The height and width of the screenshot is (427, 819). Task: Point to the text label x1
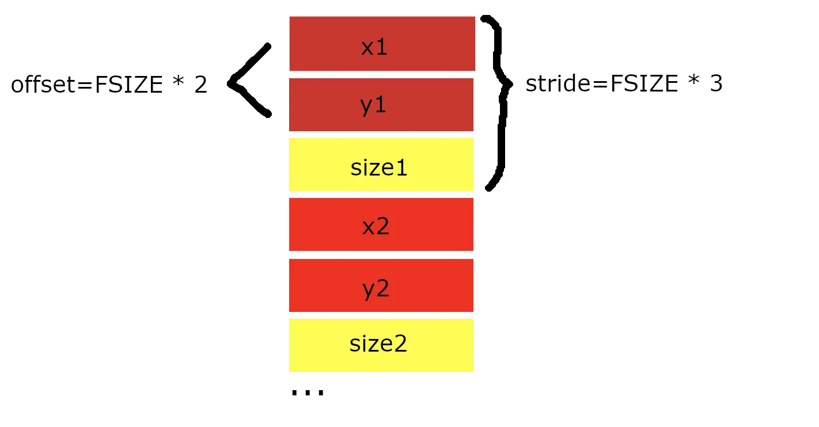[x=374, y=47]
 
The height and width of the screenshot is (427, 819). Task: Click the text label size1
[x=379, y=168]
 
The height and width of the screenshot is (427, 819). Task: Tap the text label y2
[x=376, y=289]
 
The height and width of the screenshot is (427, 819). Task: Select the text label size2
[x=378, y=344]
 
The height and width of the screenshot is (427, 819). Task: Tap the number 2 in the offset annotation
[x=200, y=85]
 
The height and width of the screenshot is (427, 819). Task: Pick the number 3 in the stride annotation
[x=716, y=84]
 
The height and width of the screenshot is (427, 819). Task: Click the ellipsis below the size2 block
[x=308, y=392]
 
